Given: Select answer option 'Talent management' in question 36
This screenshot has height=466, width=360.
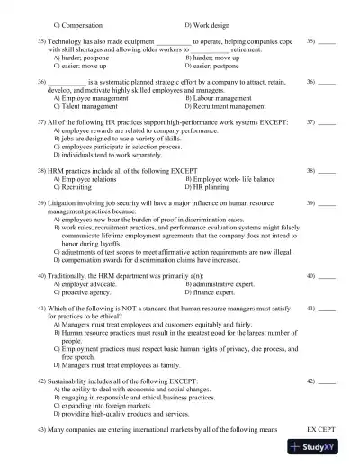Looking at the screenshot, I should coord(90,105).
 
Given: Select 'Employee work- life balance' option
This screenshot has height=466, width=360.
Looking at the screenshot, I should coord(234,180).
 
